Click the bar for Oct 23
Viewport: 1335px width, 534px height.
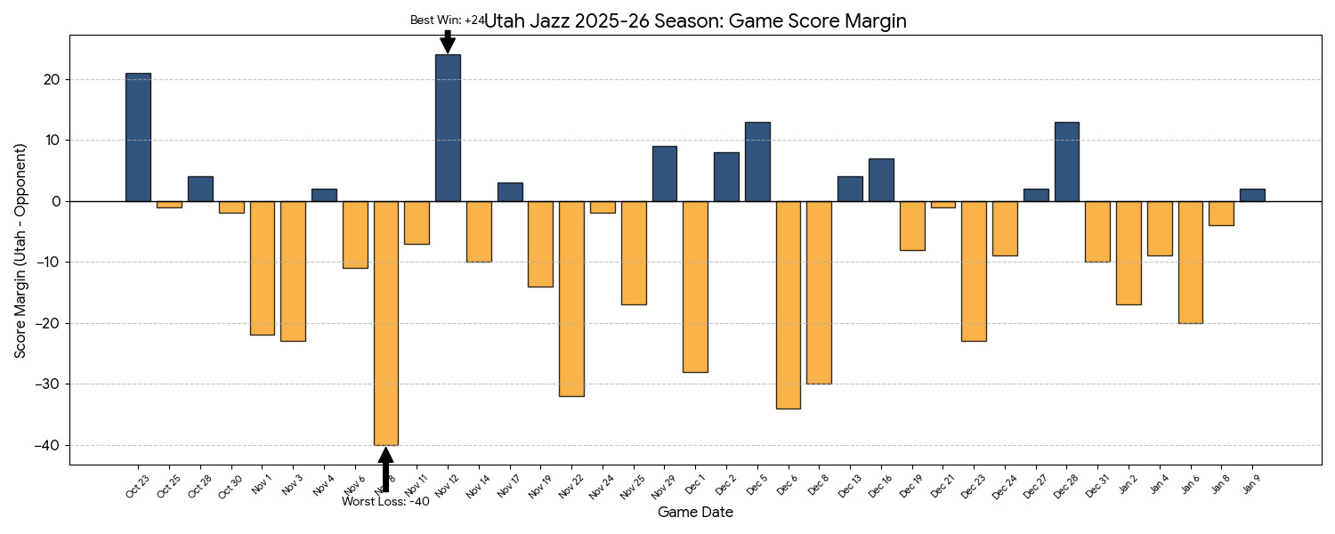138,137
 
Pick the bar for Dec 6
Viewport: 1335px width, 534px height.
789,304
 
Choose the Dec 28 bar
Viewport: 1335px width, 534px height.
1066,161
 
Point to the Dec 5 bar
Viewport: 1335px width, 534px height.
757,161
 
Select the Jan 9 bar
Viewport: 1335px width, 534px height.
1252,195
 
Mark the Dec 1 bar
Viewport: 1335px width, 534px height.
695,286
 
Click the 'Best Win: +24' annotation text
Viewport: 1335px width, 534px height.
447,20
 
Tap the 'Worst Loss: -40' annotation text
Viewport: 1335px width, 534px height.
385,502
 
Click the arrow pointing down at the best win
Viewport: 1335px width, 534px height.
448,42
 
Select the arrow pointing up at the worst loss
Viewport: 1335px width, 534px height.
385,468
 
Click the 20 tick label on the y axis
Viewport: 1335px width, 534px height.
52,79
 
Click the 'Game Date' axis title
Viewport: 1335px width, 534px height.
695,513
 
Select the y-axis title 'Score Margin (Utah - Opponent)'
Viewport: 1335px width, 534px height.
20,250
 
